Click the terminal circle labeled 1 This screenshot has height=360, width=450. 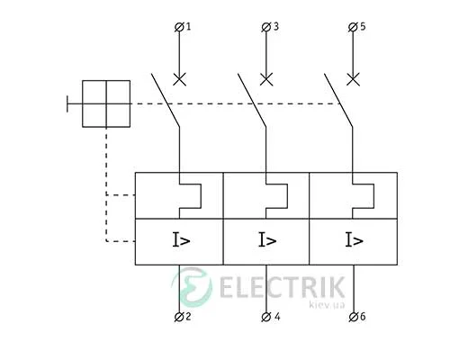(179, 27)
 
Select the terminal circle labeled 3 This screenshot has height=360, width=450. (265, 27)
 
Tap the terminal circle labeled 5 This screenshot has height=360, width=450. (353, 27)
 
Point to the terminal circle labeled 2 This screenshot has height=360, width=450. (179, 317)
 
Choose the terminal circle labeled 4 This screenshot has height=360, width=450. (266, 317)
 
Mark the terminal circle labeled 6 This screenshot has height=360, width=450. (353, 317)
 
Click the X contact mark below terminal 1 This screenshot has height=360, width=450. (179, 79)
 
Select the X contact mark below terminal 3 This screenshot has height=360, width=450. (266, 79)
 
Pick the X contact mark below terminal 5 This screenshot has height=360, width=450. (353, 79)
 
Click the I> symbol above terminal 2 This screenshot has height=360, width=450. (181, 240)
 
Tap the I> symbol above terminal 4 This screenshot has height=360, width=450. (267, 240)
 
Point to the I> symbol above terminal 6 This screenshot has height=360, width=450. (355, 240)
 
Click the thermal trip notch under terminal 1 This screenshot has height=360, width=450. (201, 196)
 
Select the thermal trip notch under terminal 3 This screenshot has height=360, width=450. (287, 196)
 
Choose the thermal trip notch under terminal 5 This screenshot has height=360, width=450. (373, 196)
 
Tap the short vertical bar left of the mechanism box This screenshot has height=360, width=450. (67, 104)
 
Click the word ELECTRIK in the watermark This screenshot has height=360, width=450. (282, 287)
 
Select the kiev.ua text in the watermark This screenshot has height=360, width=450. (327, 305)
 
